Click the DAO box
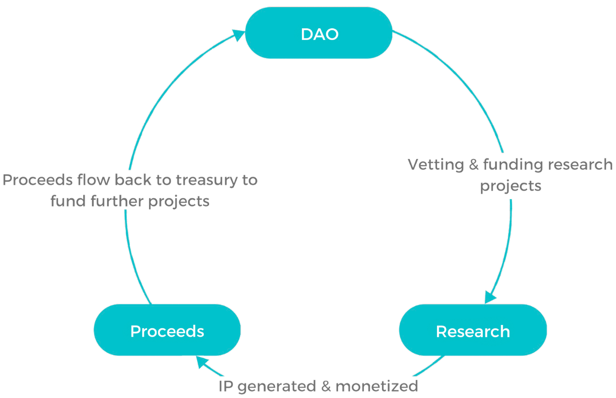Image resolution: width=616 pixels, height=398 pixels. [x=319, y=33]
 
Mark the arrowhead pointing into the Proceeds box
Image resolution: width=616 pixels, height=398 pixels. [x=202, y=362]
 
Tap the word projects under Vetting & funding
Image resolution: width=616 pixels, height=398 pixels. [x=510, y=186]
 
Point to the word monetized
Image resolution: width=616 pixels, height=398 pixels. [x=377, y=386]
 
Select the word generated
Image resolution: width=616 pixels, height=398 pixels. [x=276, y=387]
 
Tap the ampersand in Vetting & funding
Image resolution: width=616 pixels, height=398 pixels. [x=473, y=165]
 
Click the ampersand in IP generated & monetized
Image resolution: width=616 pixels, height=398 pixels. [x=326, y=386]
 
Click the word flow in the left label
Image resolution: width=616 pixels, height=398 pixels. [x=93, y=180]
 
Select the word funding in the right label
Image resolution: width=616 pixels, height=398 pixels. [x=513, y=165]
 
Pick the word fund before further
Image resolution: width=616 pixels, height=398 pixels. [x=68, y=201]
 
